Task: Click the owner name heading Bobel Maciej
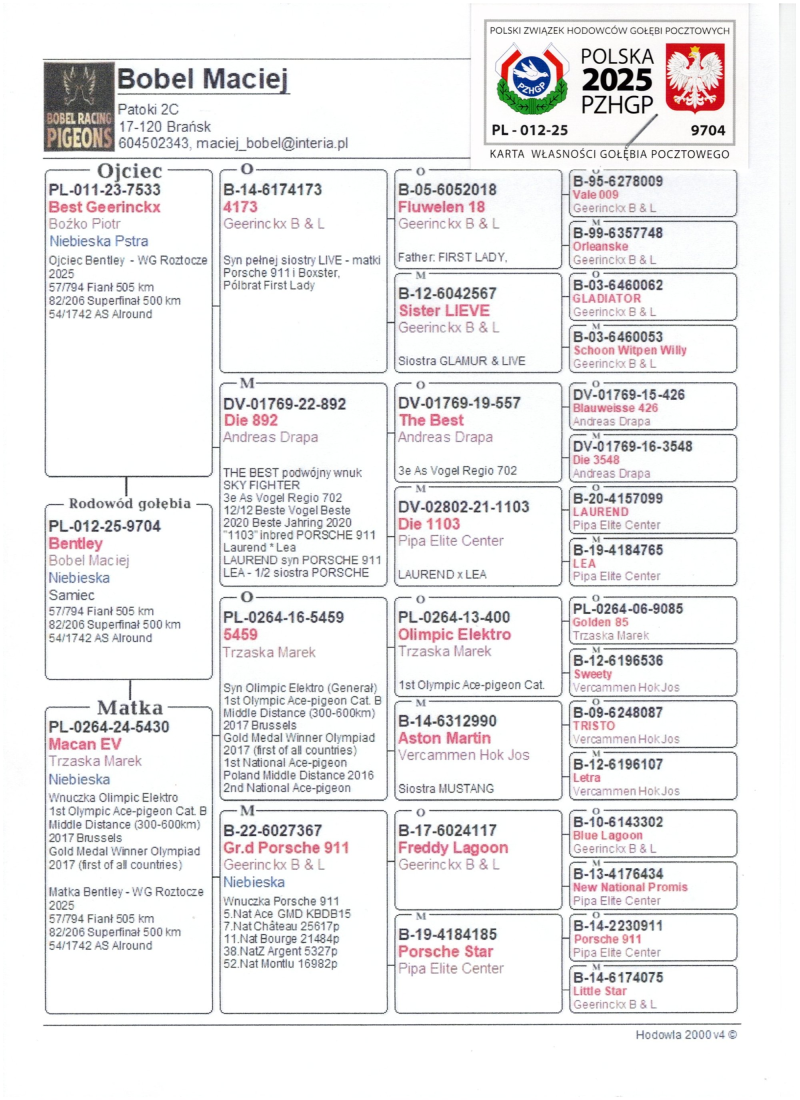[x=203, y=79]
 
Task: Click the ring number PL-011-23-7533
[x=104, y=191]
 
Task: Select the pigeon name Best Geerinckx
[x=104, y=207]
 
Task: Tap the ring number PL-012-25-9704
[x=104, y=526]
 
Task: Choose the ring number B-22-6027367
[x=272, y=831]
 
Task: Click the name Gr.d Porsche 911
[x=286, y=848]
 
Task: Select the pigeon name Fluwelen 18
[x=441, y=207]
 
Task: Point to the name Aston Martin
[x=445, y=738]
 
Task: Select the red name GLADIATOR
[x=607, y=299]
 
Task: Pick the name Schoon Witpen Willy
[x=629, y=351]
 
